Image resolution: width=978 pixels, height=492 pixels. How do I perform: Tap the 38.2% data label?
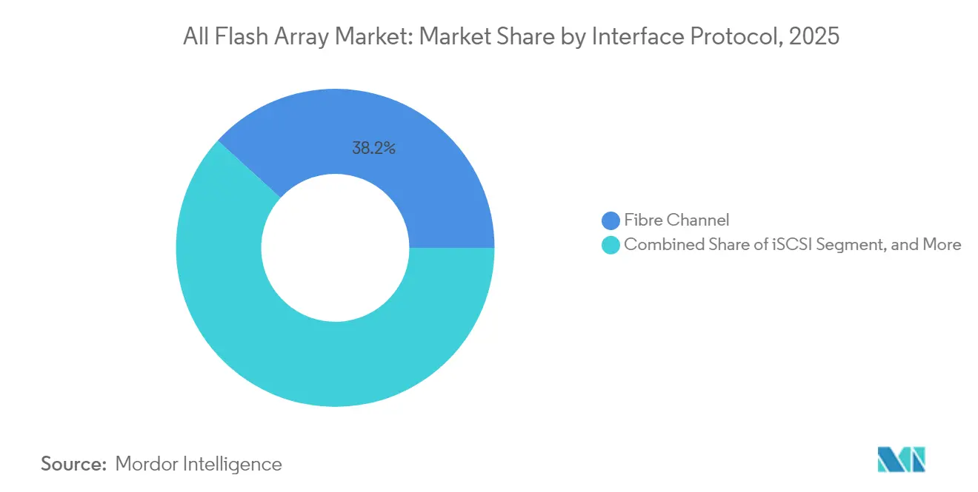pos(373,148)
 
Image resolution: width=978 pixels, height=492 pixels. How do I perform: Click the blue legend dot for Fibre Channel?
pos(611,220)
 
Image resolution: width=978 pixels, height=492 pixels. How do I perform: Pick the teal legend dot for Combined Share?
pos(611,245)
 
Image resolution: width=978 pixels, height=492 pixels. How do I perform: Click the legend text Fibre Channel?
pos(676,220)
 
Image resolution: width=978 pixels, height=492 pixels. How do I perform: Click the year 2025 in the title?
pos(815,36)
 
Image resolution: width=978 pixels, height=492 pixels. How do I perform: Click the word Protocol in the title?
pos(733,36)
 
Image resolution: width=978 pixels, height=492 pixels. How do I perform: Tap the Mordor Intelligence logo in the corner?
pos(902,460)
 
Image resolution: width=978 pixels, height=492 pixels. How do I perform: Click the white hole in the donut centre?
pos(335,248)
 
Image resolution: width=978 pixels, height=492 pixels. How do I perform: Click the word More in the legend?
pos(942,245)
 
